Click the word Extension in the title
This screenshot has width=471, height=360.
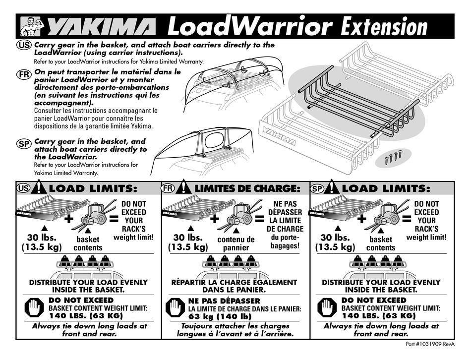pos(384,26)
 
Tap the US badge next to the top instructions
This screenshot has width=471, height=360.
pos(24,45)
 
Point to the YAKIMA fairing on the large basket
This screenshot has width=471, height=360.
pos(278,135)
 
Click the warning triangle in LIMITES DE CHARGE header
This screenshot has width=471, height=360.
pos(183,188)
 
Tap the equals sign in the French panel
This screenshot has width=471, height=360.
pos(259,218)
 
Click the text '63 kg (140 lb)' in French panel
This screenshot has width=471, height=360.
pos(220,316)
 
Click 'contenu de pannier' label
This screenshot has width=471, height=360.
pos(235,243)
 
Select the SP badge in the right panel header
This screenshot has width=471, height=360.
pos(318,189)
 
